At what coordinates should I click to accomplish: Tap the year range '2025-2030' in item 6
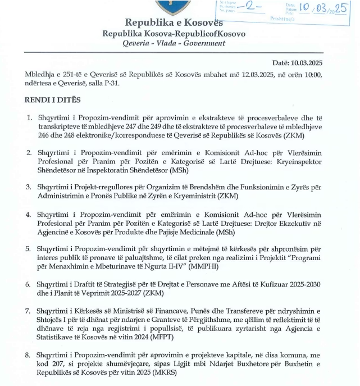tap(302, 285)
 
